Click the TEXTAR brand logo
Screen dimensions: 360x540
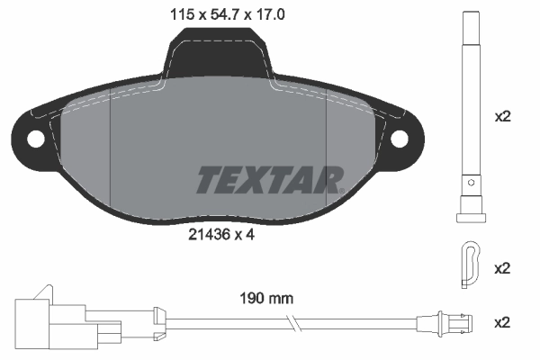click(x=269, y=180)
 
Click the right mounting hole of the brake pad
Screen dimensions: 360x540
click(x=402, y=139)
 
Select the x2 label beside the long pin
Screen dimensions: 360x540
click(x=503, y=117)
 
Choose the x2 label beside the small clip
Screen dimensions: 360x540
click(x=503, y=268)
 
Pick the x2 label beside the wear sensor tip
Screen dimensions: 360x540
click(x=503, y=321)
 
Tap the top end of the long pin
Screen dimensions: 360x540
click(x=469, y=15)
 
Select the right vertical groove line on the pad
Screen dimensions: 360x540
click(x=326, y=153)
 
